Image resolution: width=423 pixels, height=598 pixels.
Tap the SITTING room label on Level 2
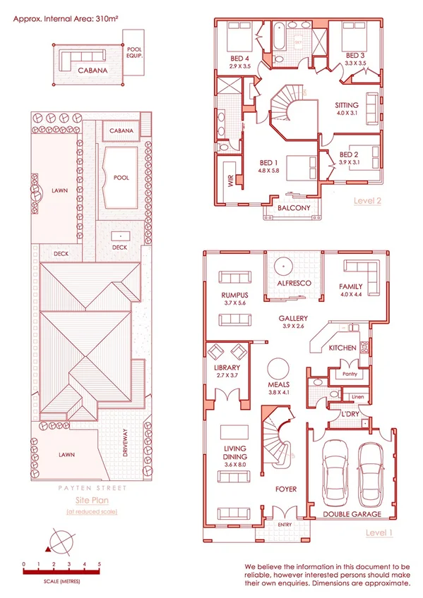click(347, 106)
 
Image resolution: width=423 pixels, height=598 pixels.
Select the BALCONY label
click(294, 208)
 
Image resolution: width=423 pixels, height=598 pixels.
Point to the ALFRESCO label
click(288, 283)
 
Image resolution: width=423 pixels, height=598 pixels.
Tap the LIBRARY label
click(227, 368)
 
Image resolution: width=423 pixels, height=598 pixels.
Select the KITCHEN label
click(343, 349)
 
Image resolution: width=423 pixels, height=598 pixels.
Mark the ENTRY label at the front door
click(285, 525)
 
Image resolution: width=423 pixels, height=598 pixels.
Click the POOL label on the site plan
click(121, 178)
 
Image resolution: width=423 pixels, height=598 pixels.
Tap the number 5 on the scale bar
click(100, 564)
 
